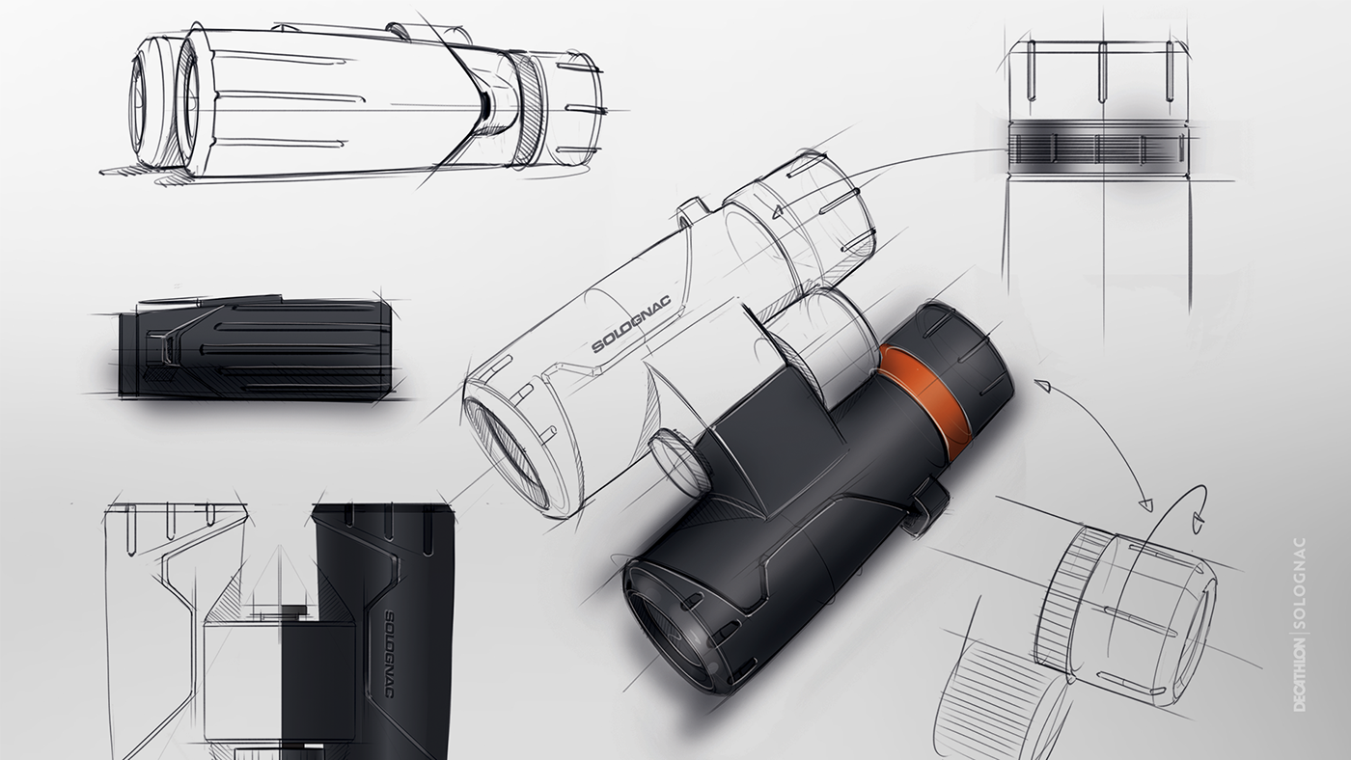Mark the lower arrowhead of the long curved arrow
point(1145,502)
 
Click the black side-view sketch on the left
point(256,347)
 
